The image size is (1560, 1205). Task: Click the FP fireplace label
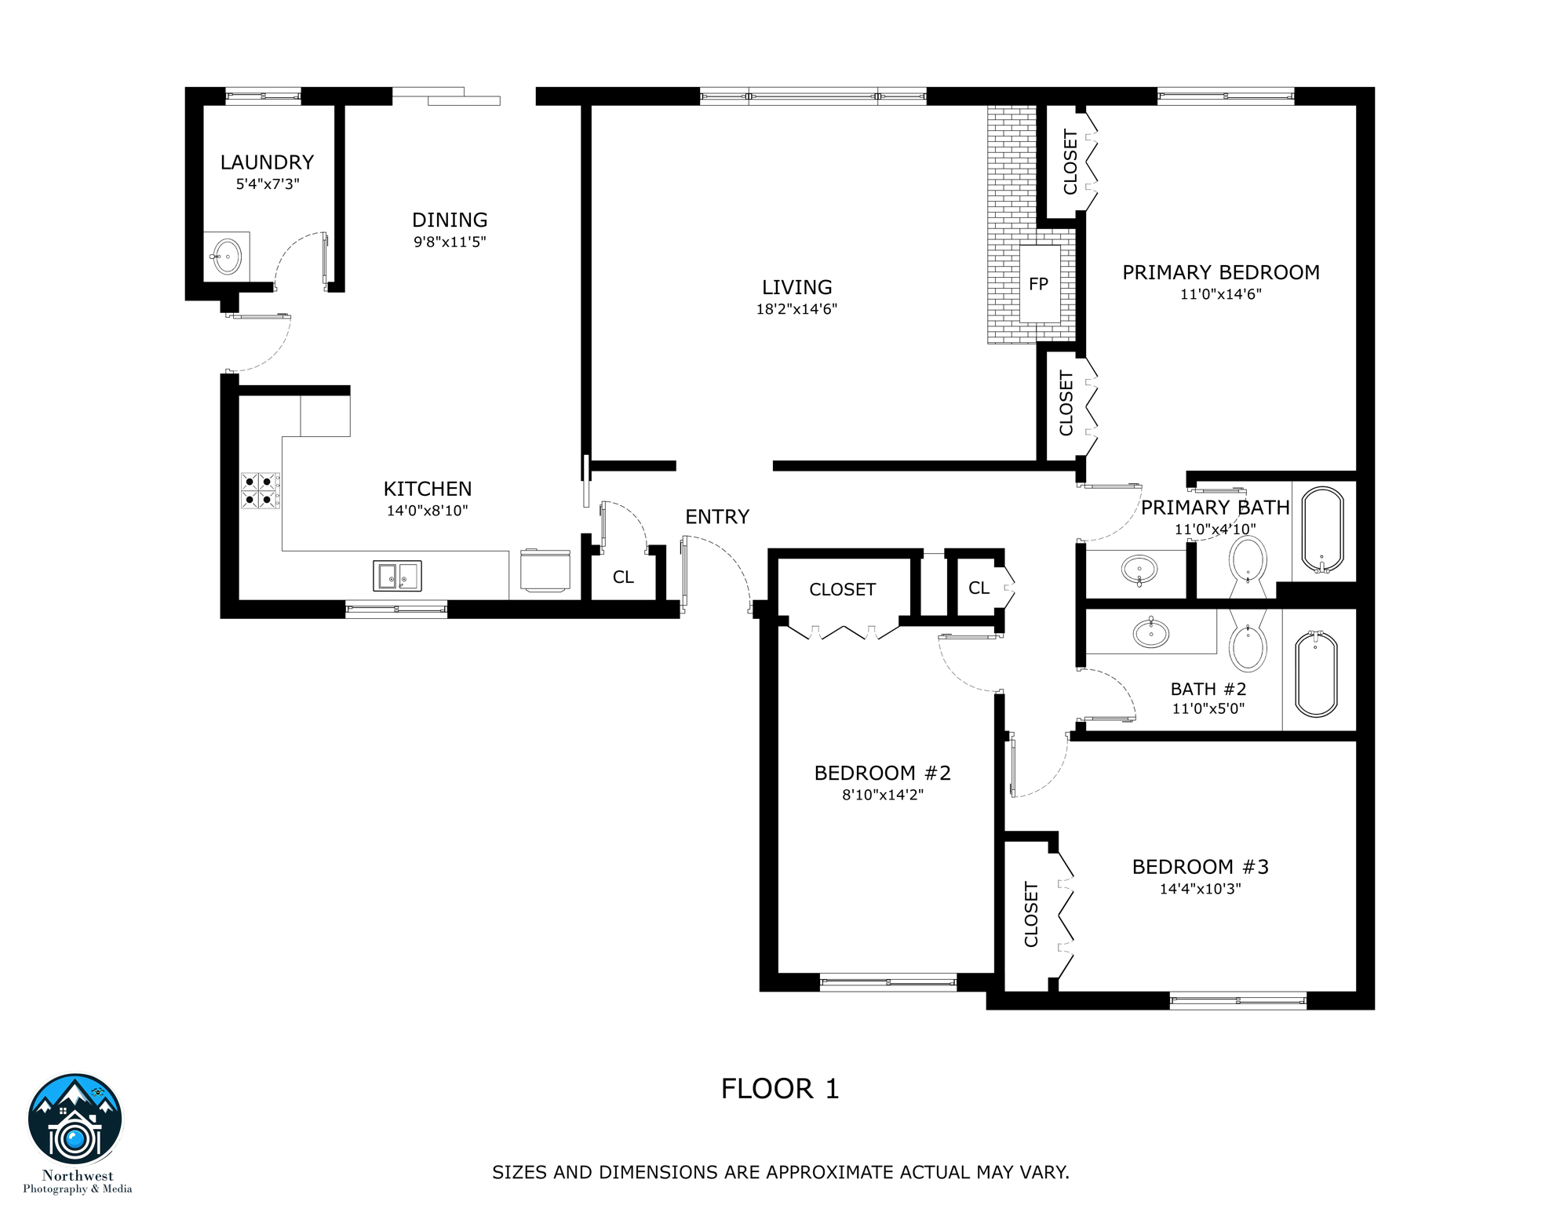click(1038, 284)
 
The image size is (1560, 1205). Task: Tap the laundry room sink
click(227, 257)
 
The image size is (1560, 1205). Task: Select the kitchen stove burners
click(259, 490)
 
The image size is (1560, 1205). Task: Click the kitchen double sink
click(397, 576)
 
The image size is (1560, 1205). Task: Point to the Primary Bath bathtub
click(1323, 530)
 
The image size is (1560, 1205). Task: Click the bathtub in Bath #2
click(1316, 674)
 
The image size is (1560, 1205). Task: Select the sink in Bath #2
click(1151, 632)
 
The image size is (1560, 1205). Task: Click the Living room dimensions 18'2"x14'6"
click(796, 309)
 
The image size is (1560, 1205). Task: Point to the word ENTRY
click(717, 517)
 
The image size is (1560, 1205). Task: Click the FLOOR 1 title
click(780, 1089)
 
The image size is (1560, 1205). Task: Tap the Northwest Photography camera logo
click(75, 1121)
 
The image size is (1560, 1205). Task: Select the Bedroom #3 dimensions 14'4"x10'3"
click(1200, 889)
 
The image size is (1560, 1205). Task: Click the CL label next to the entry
click(623, 577)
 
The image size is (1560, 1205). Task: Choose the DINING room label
click(450, 220)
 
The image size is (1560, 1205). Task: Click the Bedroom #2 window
click(888, 982)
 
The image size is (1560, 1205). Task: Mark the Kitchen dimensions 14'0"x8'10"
click(427, 511)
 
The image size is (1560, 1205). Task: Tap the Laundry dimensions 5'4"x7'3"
click(268, 184)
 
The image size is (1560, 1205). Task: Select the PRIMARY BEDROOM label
click(1220, 273)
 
